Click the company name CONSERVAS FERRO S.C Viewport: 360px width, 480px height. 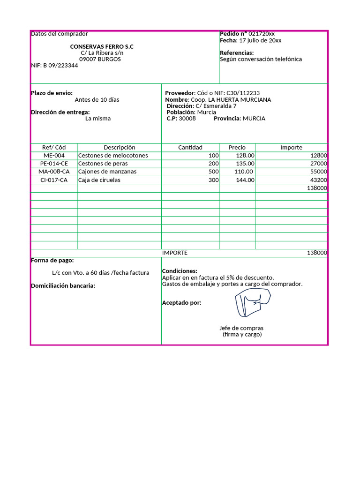point(102,47)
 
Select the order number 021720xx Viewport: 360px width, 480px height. point(262,34)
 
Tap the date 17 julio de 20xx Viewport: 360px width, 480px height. point(260,40)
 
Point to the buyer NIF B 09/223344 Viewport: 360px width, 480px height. point(54,66)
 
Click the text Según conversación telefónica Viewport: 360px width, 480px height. point(261,59)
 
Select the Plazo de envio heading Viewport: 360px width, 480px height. point(52,93)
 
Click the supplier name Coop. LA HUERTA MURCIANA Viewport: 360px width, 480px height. point(231,100)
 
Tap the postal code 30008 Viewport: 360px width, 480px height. point(187,119)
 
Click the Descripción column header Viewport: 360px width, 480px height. point(120,147)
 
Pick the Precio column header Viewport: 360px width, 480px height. point(237,147)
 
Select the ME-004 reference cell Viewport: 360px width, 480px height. point(54,156)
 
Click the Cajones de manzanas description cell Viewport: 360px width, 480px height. point(107,172)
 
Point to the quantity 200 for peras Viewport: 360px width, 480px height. point(213,164)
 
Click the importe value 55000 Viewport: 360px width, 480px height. point(318,172)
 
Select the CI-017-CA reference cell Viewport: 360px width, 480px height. point(54,180)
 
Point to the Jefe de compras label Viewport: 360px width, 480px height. point(241,328)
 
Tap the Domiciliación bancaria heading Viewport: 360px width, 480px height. point(63,286)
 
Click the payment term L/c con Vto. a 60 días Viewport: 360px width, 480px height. point(100,273)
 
